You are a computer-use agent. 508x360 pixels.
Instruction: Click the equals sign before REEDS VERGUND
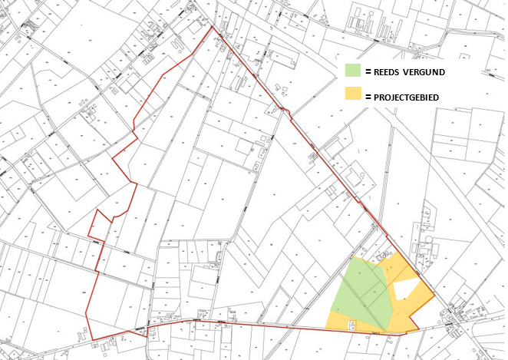pyautogui.click(x=368, y=72)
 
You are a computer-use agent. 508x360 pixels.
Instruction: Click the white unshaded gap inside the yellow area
pyautogui.click(x=407, y=288)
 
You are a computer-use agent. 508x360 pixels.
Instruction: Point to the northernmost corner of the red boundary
pyautogui.click(x=213, y=26)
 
